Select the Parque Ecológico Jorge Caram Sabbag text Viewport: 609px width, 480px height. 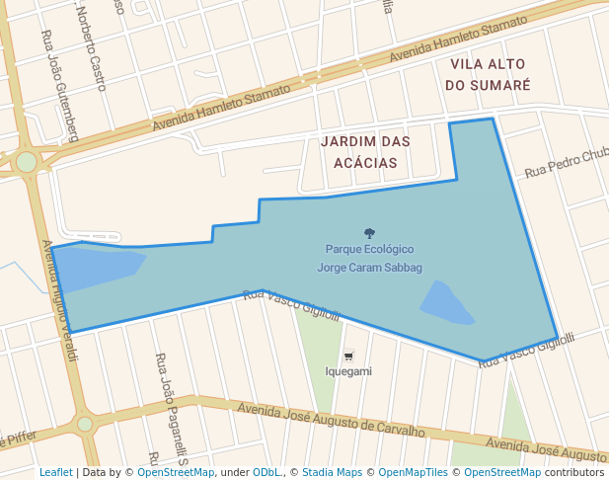tap(369, 258)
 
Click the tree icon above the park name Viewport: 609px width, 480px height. tap(369, 233)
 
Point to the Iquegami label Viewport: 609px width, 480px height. tap(348, 371)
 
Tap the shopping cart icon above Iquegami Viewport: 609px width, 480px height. tap(348, 356)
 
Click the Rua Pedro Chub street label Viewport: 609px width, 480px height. tap(567, 164)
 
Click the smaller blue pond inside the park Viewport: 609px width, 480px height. tap(447, 303)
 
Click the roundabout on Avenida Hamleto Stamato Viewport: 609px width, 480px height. tap(27, 162)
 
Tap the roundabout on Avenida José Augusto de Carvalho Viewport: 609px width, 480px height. tap(85, 424)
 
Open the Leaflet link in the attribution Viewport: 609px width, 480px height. tap(55, 473)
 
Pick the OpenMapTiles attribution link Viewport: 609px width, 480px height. tap(413, 473)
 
